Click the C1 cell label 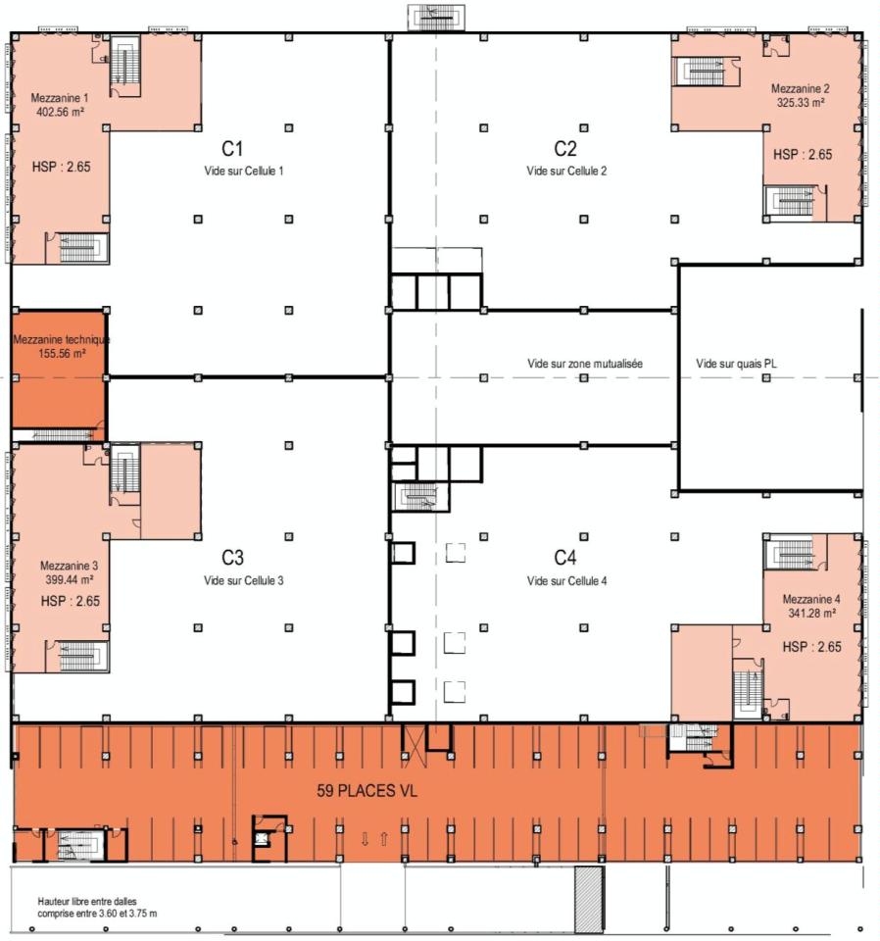click(x=232, y=149)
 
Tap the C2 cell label click(x=565, y=149)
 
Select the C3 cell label click(x=232, y=558)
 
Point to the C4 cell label click(x=565, y=558)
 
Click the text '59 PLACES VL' click(x=367, y=791)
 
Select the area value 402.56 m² click(x=58, y=112)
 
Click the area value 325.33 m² click(x=801, y=102)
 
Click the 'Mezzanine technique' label click(x=61, y=340)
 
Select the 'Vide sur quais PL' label click(x=738, y=364)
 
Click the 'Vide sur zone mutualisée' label click(x=584, y=364)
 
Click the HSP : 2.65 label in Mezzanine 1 click(x=61, y=167)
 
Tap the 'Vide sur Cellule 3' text click(x=244, y=580)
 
